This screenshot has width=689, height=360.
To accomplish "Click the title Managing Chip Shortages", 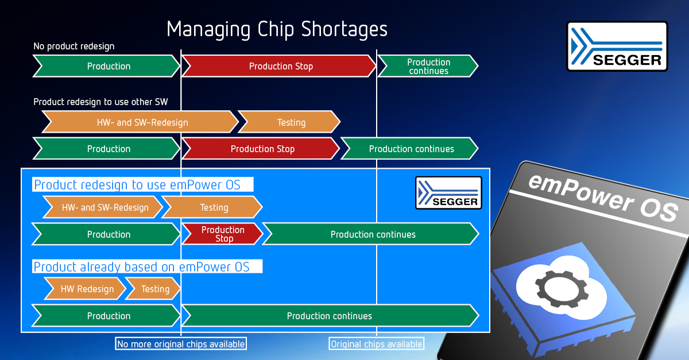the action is point(277,29).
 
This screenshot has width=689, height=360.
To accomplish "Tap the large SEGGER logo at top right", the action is point(617,46).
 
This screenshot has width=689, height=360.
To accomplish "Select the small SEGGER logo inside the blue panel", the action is point(448,193).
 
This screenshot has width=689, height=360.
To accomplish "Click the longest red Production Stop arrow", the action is point(279,66).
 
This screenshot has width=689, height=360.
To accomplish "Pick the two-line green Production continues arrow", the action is point(428,66).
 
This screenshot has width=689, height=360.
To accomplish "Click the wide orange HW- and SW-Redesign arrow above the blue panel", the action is point(140,122).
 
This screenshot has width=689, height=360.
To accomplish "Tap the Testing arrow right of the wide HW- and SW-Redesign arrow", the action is point(289,122).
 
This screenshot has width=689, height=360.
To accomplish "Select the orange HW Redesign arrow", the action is point(85,289).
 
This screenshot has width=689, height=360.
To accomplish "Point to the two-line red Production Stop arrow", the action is point(222,234).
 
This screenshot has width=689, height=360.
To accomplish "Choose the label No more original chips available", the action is point(181,344).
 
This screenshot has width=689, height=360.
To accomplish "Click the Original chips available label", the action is point(377,344).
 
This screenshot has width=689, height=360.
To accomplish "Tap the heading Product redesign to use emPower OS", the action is point(137,185).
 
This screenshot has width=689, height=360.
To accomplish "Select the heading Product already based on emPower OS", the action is point(141,266).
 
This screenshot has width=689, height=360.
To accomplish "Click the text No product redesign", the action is point(74,46).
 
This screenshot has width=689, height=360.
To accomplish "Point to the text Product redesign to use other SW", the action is point(100,102).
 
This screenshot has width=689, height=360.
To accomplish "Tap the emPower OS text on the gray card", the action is point(603,197).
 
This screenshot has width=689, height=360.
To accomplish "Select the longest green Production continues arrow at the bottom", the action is point(330,315).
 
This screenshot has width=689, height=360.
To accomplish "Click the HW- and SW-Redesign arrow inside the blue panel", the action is point(103,207).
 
